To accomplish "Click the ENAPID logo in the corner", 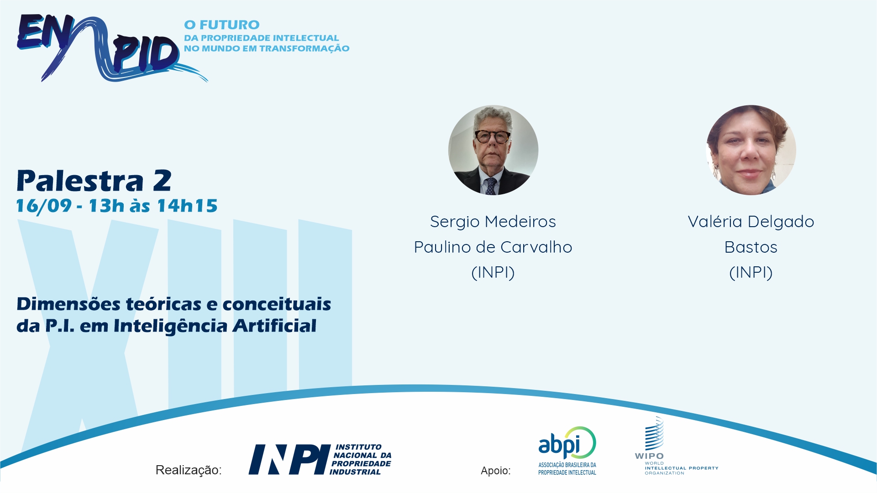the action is [x=112, y=48].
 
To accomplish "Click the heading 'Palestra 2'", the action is [x=94, y=181].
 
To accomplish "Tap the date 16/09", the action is [x=44, y=206].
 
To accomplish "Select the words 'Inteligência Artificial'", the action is [x=215, y=326].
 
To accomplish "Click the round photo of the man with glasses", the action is [x=493, y=150].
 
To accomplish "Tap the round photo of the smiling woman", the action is [x=751, y=150].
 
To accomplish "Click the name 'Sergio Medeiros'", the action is [x=493, y=222].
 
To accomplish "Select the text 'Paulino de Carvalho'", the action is [x=493, y=247].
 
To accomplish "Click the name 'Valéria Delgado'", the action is [x=751, y=222].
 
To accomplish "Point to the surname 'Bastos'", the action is [x=751, y=247].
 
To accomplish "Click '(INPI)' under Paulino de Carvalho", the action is [x=493, y=273].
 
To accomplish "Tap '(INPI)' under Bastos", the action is [x=751, y=273].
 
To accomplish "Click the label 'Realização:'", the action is [x=189, y=470].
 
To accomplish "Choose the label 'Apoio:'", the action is [x=496, y=471].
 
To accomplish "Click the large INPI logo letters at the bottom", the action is [x=289, y=460].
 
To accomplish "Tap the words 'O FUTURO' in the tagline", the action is [x=222, y=25].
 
